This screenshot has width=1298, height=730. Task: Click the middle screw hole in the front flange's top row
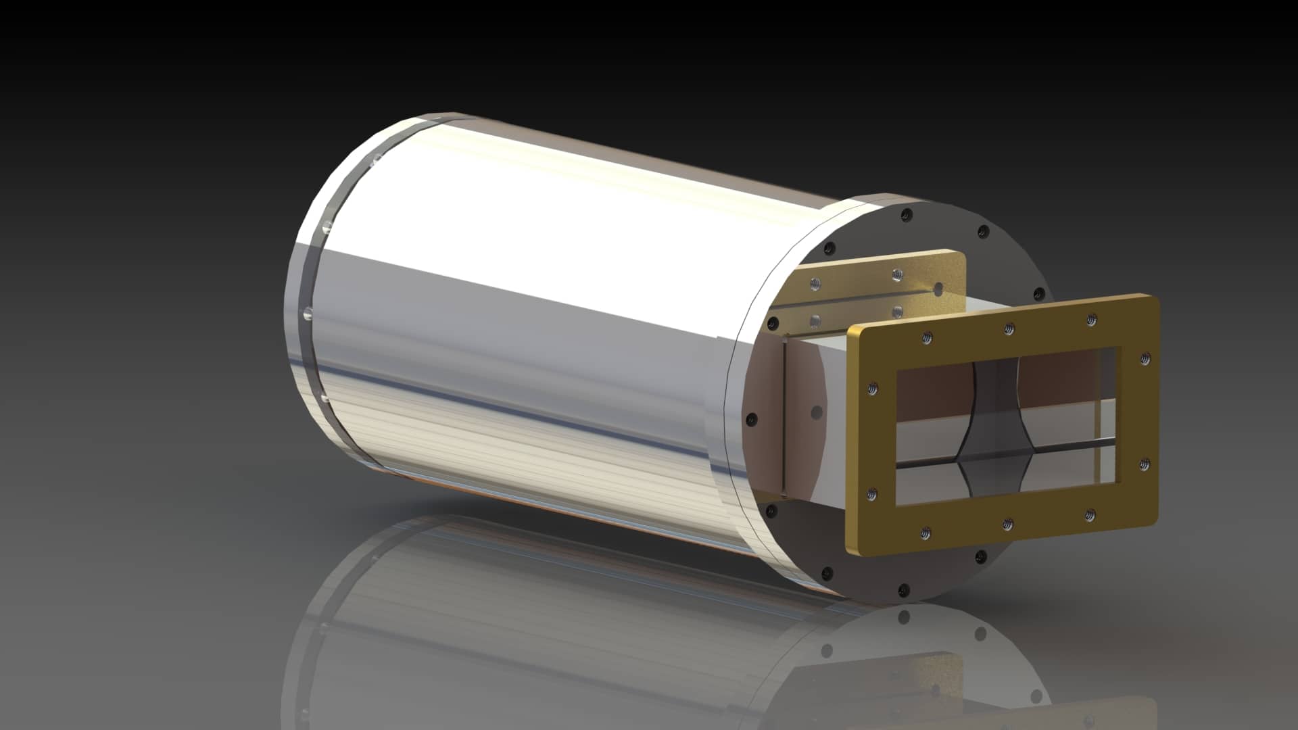click(x=1008, y=328)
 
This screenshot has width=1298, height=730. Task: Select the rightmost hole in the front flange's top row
click(x=1091, y=319)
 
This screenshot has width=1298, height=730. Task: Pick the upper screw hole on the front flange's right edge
click(x=1145, y=358)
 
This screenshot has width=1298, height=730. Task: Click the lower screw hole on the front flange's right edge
click(x=1145, y=464)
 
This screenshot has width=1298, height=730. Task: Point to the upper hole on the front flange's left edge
click(x=873, y=389)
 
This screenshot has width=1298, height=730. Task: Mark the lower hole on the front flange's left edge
click(x=873, y=493)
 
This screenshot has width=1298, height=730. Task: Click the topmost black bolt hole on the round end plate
click(x=907, y=215)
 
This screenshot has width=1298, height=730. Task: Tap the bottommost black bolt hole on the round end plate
click(x=903, y=590)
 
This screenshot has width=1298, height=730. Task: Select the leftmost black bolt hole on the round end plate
click(x=750, y=420)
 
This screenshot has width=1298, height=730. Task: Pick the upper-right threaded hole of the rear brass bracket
click(x=896, y=274)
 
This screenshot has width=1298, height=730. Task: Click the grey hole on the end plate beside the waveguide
click(x=817, y=410)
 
